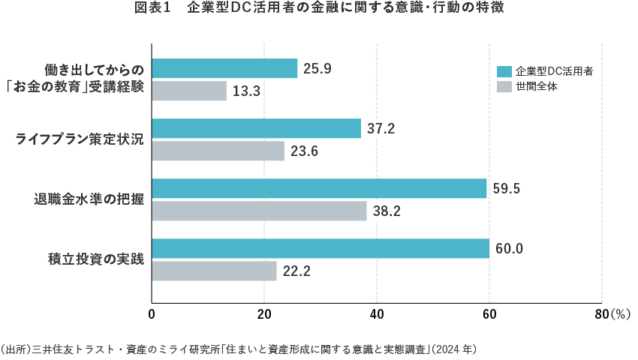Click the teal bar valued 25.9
[x=224, y=68]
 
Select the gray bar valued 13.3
[x=189, y=91]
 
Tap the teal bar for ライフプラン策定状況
[x=256, y=128]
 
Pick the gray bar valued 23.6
[x=218, y=151]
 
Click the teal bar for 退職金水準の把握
[x=319, y=188]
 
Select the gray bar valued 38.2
[x=259, y=211]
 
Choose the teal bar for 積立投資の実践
[x=321, y=248]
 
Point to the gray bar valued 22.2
[x=214, y=271]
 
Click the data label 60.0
[x=508, y=248]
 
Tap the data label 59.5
[x=506, y=188]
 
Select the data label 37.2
[x=381, y=128]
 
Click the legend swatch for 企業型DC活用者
[x=504, y=72]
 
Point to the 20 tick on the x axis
[x=264, y=315]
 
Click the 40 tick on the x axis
[x=377, y=315]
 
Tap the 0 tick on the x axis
[x=152, y=315]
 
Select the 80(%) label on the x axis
[x=612, y=315]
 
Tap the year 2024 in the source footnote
[x=447, y=349]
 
